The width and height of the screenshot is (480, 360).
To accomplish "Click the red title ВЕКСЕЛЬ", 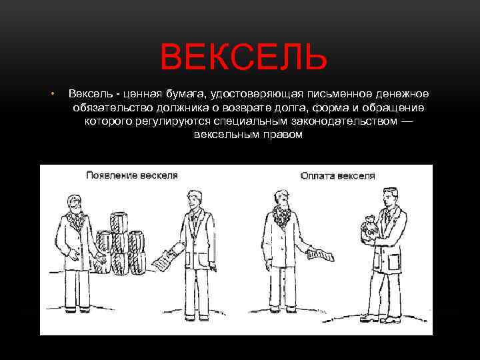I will click(x=243, y=57).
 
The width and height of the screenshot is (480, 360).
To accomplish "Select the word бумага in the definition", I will click(x=179, y=93).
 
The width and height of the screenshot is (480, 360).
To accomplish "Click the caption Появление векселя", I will click(x=131, y=175).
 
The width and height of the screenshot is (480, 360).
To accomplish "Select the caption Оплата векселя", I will click(x=337, y=176).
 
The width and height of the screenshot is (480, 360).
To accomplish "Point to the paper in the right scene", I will click(x=320, y=254).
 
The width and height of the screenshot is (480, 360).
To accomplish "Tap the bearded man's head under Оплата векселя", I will click(x=281, y=199).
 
